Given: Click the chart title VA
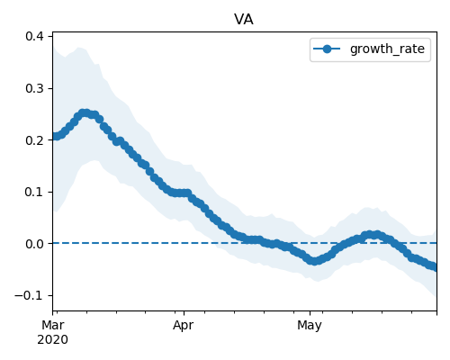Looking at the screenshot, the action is pyautogui.click(x=244, y=20).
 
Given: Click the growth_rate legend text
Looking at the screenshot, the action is pyautogui.click(x=387, y=49).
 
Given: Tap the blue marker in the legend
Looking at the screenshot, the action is pyautogui.click(x=327, y=49).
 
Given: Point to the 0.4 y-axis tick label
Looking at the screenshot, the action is pyautogui.click(x=34, y=36).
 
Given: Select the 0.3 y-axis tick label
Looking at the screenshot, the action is pyautogui.click(x=34, y=88).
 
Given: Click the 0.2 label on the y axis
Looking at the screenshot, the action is pyautogui.click(x=34, y=140).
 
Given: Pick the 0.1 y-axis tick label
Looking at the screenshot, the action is pyautogui.click(x=34, y=192).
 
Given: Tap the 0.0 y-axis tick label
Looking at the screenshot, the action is pyautogui.click(x=34, y=244).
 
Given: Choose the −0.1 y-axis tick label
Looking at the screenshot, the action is pyautogui.click(x=30, y=296).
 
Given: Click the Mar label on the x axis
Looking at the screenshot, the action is pyautogui.click(x=53, y=325).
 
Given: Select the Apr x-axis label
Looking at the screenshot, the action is pyautogui.click(x=183, y=326).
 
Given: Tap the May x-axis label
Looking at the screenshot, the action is pyautogui.click(x=310, y=326).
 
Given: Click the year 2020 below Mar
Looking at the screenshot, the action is pyautogui.click(x=52, y=340).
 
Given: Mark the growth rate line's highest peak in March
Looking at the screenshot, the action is pyautogui.click(x=85, y=113).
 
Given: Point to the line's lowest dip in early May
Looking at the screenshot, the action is pyautogui.click(x=314, y=261).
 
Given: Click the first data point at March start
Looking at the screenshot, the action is pyautogui.click(x=55, y=137).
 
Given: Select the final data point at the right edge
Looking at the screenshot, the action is pyautogui.click(x=435, y=266).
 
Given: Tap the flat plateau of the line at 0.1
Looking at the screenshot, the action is pyautogui.click(x=179, y=193).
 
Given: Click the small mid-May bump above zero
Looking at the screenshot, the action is pyautogui.click(x=372, y=235).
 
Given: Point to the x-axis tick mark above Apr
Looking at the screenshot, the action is pyautogui.click(x=184, y=313).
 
